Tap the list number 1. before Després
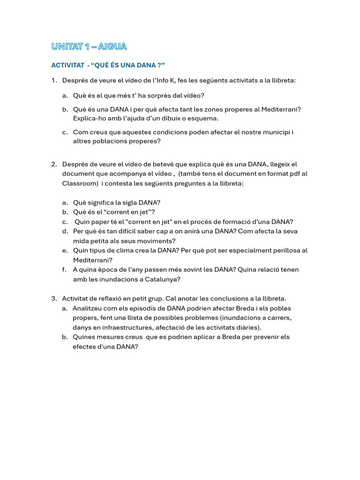coord(54,80)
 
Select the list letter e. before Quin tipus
coord(64,250)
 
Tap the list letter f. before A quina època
coord(64,270)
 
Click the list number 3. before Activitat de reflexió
coord(54,299)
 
